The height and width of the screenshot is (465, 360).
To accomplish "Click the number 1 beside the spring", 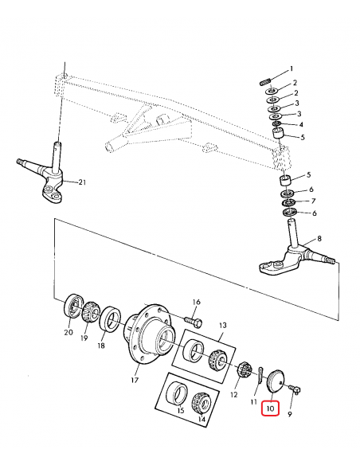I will pos(292,69).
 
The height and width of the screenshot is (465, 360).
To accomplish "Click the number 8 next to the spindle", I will pos(319,239).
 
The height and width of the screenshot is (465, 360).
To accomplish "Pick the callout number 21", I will pos(80,183).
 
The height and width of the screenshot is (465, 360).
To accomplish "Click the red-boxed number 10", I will pos(270,409).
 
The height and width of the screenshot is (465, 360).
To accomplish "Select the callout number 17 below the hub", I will pos(135,380).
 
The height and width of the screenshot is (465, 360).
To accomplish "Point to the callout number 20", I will pos(68,333).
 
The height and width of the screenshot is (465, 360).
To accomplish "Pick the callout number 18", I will pos(101,347).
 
